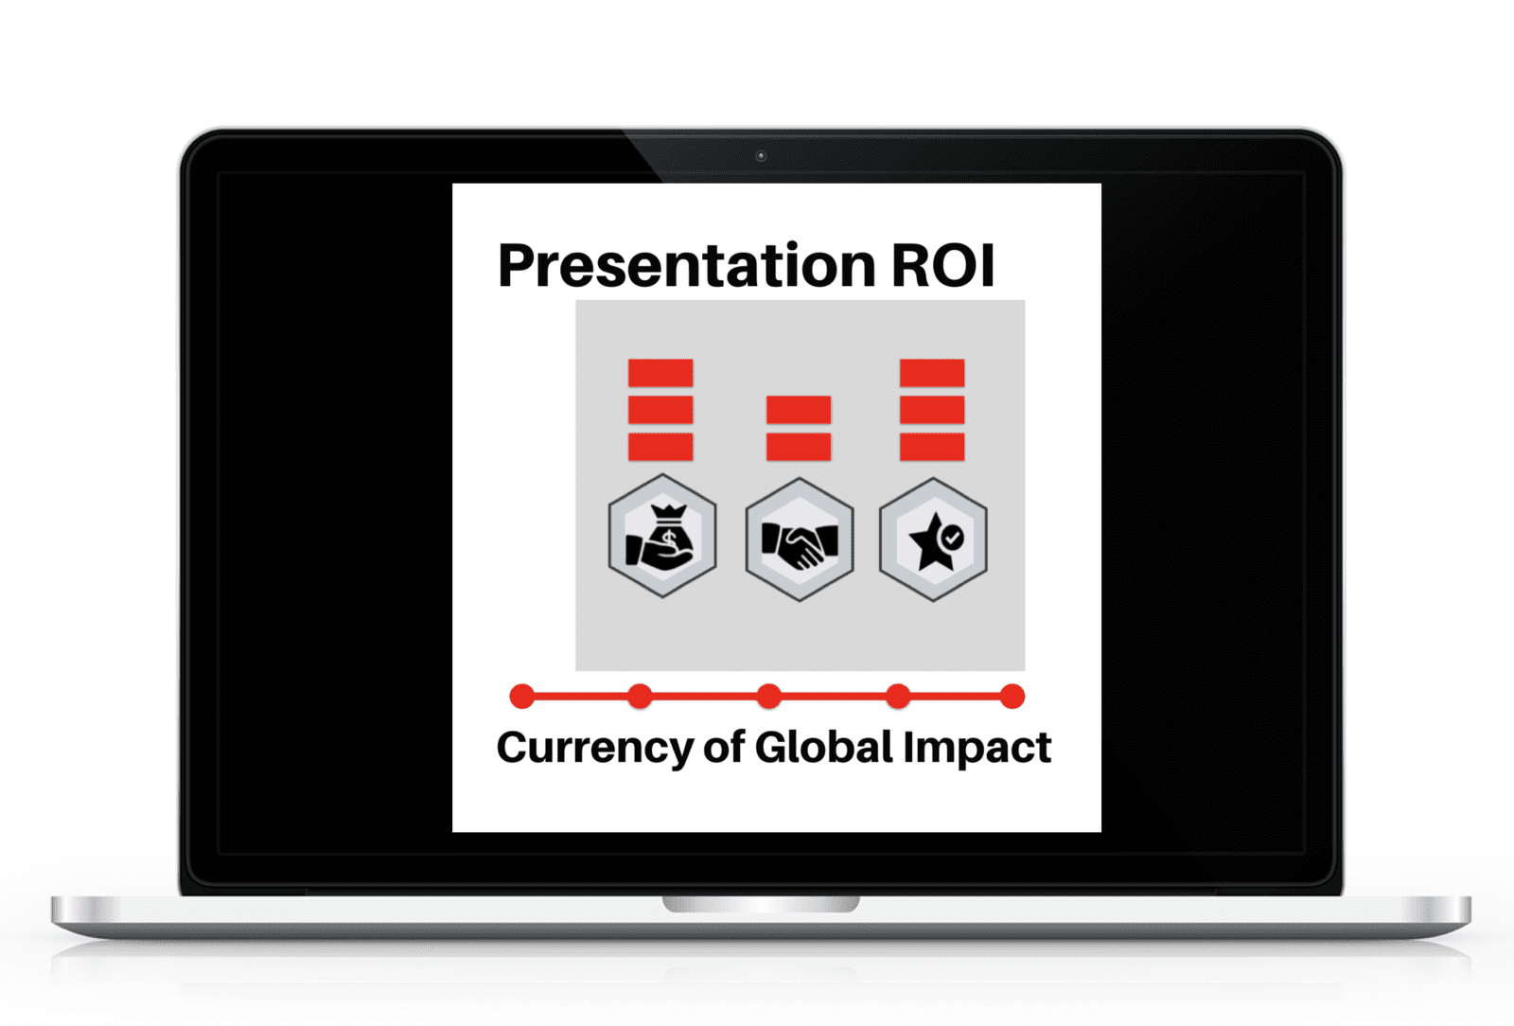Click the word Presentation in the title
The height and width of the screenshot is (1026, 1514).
687,266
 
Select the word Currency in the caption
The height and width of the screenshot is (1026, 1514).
595,750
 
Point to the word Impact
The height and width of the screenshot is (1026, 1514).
977,749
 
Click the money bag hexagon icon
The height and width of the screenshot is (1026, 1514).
662,536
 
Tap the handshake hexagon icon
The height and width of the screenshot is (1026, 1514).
800,540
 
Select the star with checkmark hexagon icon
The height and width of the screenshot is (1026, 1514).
933,540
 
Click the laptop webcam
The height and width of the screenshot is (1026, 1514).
761,156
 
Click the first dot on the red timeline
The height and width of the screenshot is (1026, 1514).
521,697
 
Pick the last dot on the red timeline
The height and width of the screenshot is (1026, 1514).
1012,697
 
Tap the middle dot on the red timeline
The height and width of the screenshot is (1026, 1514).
768,697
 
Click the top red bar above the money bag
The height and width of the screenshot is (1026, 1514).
660,373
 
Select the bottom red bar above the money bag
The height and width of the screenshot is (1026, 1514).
660,447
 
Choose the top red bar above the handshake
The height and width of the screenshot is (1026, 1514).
799,410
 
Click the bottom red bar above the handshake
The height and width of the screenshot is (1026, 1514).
799,447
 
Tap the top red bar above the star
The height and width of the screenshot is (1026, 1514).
932,373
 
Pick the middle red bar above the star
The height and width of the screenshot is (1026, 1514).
932,410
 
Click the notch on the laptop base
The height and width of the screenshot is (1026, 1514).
761,904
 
